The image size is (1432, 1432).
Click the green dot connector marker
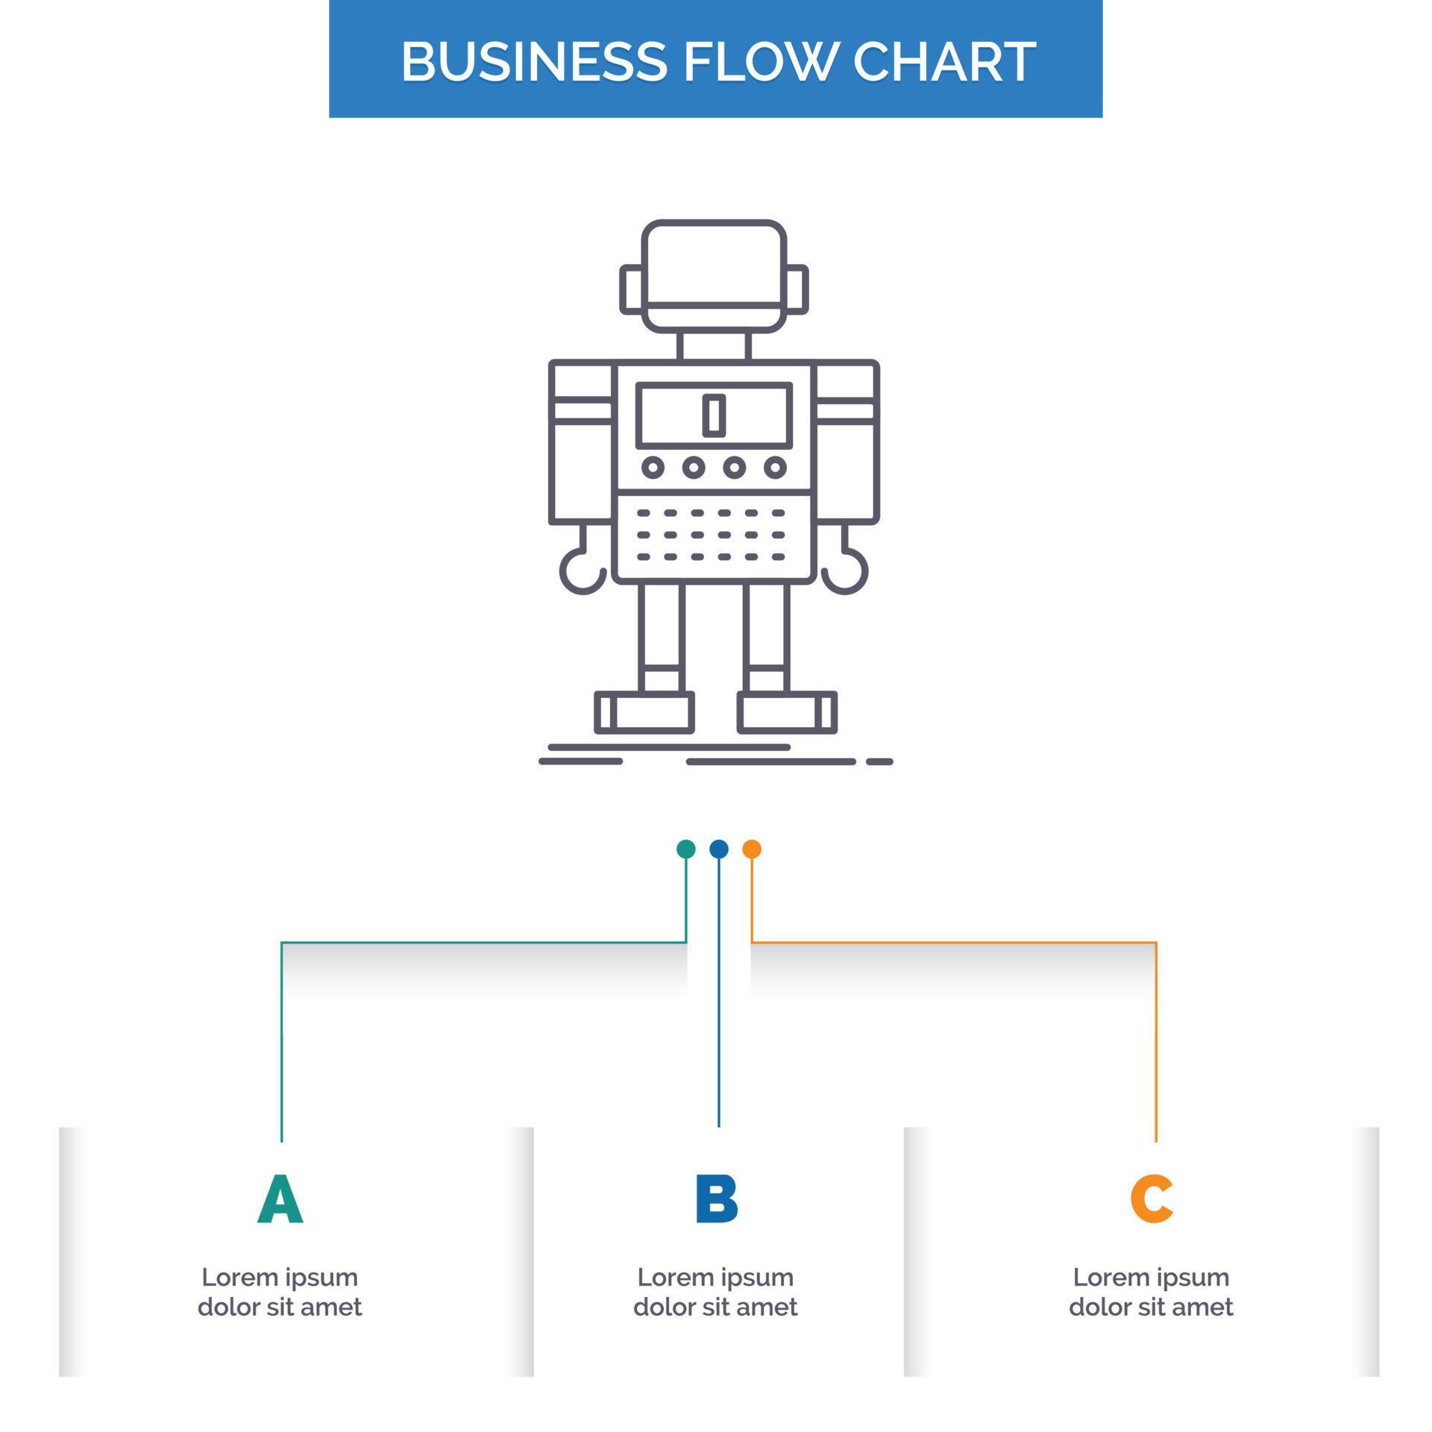685,849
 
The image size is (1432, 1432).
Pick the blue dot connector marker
718,849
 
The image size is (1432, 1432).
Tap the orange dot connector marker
752,849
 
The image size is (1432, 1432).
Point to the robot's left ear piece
631,289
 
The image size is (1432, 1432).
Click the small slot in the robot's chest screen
714,415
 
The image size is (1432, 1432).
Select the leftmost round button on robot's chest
653,468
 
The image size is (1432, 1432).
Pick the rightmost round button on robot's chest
775,468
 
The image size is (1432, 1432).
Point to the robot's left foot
644,712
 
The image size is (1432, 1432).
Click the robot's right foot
787,712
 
